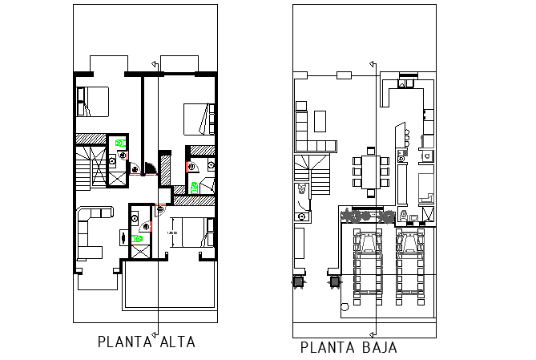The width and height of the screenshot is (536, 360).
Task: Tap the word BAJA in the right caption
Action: (375, 348)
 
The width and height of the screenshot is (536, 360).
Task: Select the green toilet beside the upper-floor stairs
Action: (121, 143)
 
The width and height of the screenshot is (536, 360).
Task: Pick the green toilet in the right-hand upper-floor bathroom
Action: (195, 185)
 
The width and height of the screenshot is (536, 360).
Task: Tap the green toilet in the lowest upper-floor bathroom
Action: (140, 237)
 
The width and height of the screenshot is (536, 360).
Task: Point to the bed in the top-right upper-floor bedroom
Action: (196, 119)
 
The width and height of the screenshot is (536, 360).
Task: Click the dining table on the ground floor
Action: (369, 172)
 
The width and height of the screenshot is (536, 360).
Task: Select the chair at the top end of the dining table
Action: (369, 149)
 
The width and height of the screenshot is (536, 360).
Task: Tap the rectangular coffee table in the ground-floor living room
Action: (320, 120)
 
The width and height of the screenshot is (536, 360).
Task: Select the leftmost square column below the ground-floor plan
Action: (298, 281)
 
